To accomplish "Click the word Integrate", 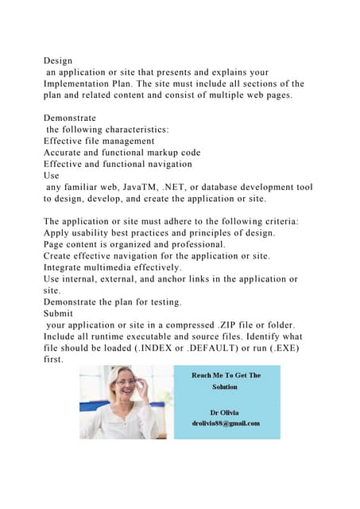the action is point(67,268).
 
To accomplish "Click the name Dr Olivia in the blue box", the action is point(225,413).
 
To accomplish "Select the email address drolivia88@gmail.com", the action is point(225,423).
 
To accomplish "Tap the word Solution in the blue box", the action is point(225,387).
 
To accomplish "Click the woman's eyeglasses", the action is point(126,383).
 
